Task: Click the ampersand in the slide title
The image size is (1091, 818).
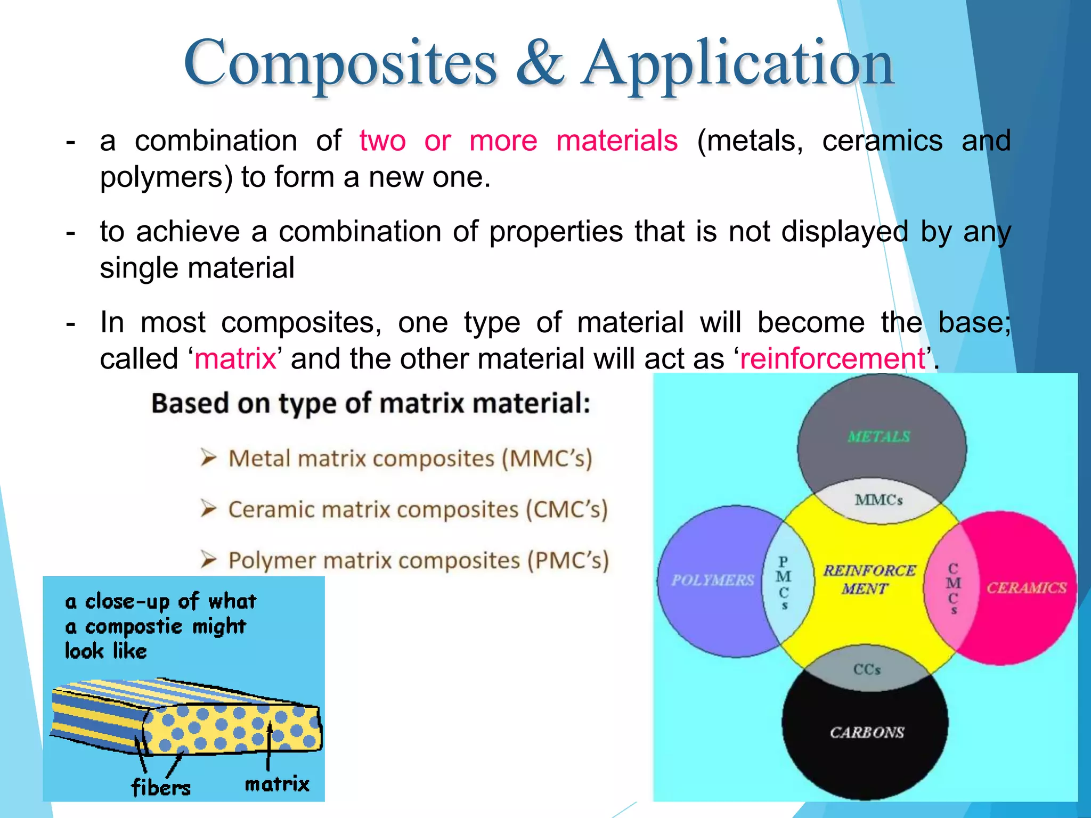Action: [x=539, y=64]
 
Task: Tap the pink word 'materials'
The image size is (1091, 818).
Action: [x=617, y=141]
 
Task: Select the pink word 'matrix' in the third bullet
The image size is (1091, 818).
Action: [x=235, y=359]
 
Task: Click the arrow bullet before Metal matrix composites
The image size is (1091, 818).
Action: [x=208, y=457]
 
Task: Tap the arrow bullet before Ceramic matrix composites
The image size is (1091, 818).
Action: [x=208, y=509]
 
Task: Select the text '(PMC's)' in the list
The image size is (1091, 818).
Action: [x=568, y=561]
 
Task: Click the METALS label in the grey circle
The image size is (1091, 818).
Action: [x=879, y=437]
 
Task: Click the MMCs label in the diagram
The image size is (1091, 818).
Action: [x=878, y=500]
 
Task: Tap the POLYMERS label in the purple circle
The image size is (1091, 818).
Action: [x=712, y=580]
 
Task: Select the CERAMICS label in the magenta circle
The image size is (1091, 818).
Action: [x=1026, y=588]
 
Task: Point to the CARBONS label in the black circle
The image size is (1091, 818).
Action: [x=867, y=733]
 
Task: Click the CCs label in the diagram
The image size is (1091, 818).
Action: [x=867, y=669]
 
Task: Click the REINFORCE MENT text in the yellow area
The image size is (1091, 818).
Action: [x=868, y=579]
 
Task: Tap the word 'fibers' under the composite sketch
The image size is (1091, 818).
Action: [x=161, y=787]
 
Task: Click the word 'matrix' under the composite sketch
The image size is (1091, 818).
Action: [x=277, y=784]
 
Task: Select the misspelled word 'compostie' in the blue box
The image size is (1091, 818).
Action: [x=134, y=626]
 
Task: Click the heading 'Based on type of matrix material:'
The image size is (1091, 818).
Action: [x=371, y=403]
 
